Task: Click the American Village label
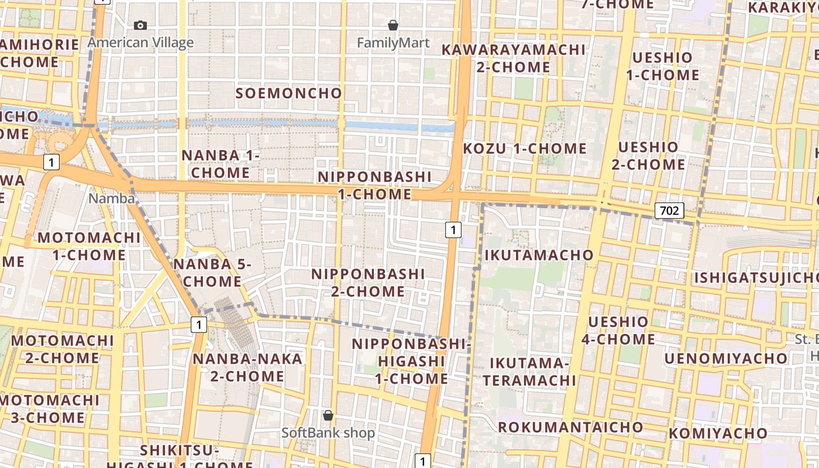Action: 140,43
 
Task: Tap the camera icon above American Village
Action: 140,25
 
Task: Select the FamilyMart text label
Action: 393,43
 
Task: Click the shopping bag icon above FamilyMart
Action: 393,25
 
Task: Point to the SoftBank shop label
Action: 328,433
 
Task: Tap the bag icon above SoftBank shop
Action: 328,415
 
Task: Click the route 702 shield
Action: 669,211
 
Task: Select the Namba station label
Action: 111,198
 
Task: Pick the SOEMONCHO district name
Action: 288,93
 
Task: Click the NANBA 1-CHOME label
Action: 221,164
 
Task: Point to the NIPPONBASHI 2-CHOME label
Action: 368,283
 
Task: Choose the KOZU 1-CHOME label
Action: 525,149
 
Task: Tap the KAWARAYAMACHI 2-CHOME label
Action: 513,58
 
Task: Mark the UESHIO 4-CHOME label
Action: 618,330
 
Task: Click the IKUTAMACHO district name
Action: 539,255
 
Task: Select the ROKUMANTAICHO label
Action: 570,427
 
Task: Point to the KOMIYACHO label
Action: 718,433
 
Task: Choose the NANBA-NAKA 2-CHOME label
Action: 247,367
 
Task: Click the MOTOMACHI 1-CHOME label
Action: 89,246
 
